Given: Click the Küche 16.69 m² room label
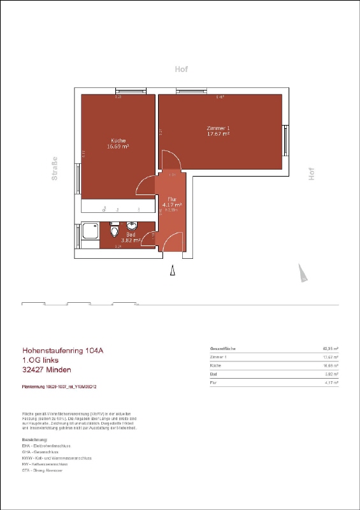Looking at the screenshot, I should coord(118,143).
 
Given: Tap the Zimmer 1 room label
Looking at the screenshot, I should coord(218,131).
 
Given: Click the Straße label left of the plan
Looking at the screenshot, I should coord(55,169).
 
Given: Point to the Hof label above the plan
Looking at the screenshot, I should coord(182,69).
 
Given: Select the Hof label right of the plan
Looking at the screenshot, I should coord(312,173).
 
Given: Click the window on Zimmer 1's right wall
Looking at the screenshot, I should coord(286,142).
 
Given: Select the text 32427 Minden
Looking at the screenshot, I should coord(47,370).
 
